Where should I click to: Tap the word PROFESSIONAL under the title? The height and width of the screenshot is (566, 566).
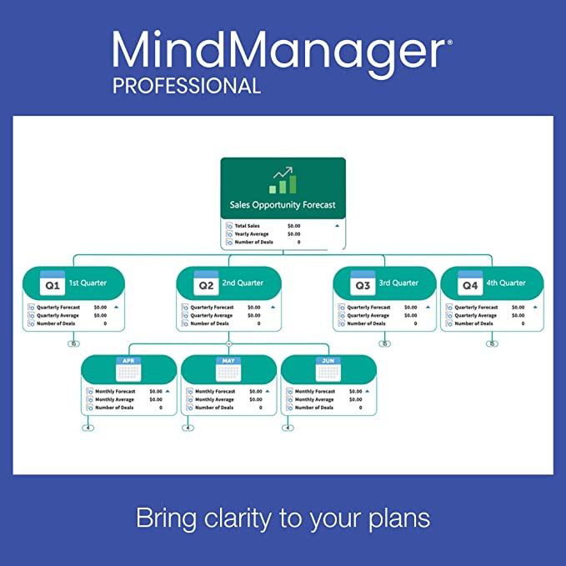(x=187, y=86)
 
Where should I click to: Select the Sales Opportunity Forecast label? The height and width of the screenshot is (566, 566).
(x=283, y=204)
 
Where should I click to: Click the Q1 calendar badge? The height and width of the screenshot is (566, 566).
(x=52, y=283)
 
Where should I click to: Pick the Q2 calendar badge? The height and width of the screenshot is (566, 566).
(x=205, y=283)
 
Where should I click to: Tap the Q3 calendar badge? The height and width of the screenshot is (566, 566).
(x=362, y=283)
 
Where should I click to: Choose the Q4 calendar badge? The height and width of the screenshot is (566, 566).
(x=469, y=283)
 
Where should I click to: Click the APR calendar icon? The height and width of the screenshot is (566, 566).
(x=128, y=368)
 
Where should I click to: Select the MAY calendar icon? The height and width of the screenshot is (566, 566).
(x=228, y=368)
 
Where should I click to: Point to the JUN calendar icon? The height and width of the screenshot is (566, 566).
(x=328, y=368)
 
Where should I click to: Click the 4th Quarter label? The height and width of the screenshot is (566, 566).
(x=507, y=283)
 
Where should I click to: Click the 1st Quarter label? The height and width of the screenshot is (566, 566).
(x=88, y=283)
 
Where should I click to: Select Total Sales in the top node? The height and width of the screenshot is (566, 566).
(x=247, y=226)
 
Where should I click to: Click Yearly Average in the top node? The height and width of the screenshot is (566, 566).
(x=251, y=234)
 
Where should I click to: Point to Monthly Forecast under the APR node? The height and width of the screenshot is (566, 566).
(x=115, y=391)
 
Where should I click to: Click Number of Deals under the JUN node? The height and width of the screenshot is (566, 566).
(x=314, y=408)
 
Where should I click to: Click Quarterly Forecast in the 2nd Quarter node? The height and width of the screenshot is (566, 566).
(x=212, y=308)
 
